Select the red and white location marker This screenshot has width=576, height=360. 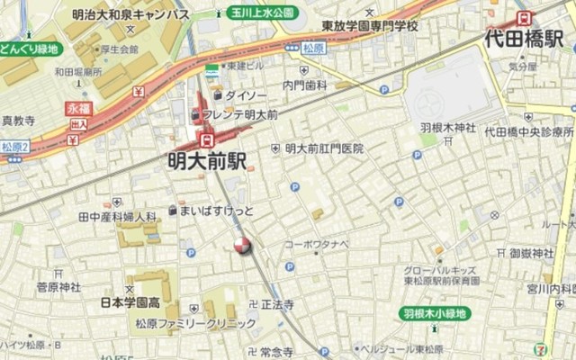(241, 245)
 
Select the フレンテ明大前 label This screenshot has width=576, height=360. (239, 114)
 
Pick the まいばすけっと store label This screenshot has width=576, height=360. (217, 211)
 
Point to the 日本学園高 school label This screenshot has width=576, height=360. (130, 301)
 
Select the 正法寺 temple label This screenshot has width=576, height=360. (277, 305)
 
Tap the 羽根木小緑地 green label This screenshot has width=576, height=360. (435, 313)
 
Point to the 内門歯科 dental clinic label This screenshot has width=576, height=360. (304, 85)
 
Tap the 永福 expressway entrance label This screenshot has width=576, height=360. (79, 107)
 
